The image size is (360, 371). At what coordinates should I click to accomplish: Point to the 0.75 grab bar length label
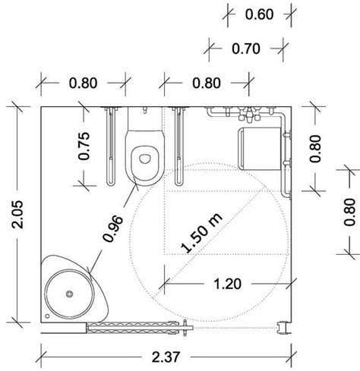tap(85, 147)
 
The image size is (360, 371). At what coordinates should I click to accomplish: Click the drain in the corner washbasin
tap(68, 293)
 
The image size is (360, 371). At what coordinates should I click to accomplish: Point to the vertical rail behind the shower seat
tap(287, 159)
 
